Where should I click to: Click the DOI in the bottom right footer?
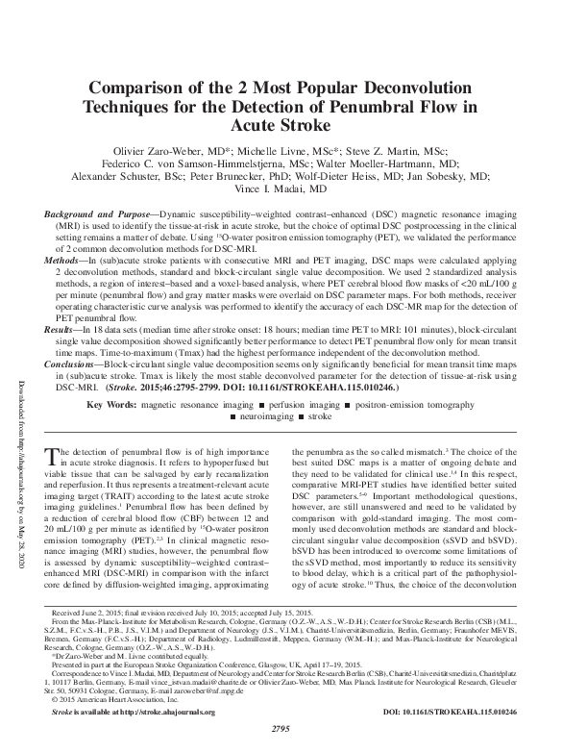tap(460, 712)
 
